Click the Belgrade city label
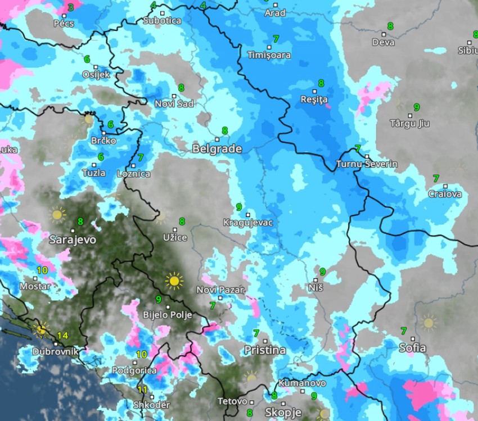[217, 149]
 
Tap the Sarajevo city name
[73, 239]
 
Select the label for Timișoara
[269, 55]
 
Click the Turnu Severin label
[367, 164]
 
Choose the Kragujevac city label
[247, 223]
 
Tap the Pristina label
[264, 350]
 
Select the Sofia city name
[412, 348]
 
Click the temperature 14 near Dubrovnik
[62, 336]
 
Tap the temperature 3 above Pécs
[70, 8]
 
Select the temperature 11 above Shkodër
[143, 390]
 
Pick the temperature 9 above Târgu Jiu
[416, 107]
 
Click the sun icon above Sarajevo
[57, 214]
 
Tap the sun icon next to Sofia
[429, 323]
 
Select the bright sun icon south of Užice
[174, 280]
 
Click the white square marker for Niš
[317, 279]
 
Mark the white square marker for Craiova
[445, 186]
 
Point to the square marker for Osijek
[96, 67]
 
